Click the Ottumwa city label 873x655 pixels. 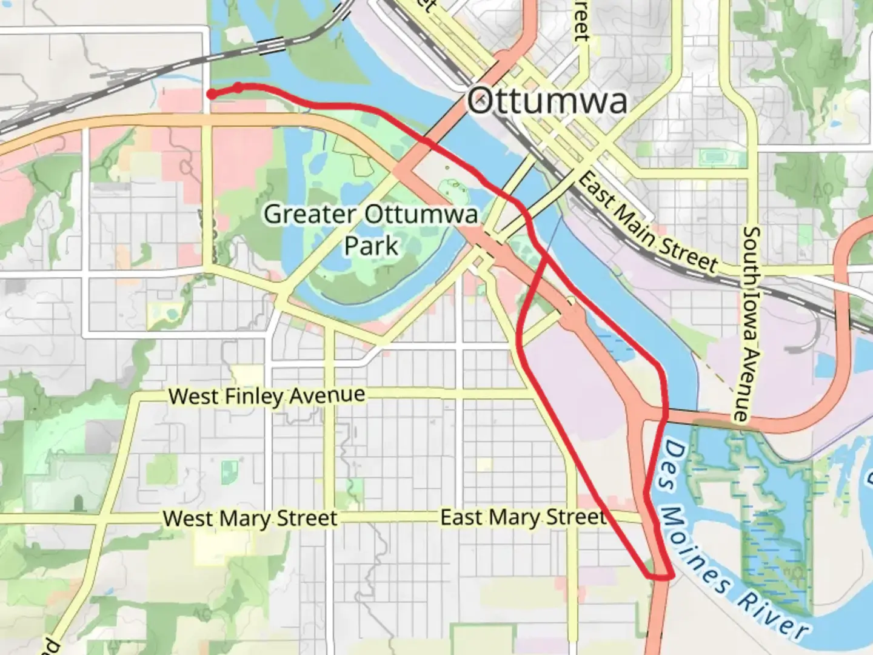pos(547,100)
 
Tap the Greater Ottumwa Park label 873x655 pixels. pos(371,230)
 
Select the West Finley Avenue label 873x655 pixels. pos(267,396)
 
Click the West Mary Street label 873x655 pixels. pos(250,519)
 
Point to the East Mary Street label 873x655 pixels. pos(523,517)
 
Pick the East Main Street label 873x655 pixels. pos(647,222)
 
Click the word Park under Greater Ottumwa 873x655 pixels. pos(371,246)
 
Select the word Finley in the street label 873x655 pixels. pos(254,397)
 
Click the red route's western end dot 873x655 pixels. pos(211,93)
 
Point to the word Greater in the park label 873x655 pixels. pos(310,214)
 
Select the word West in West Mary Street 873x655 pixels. pos(188,519)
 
